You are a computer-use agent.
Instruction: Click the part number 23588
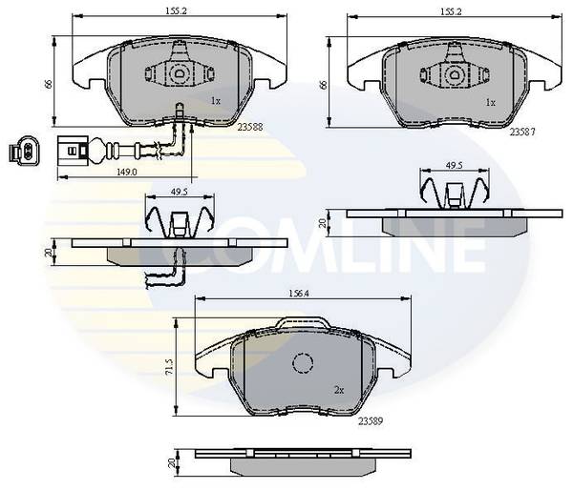pyautogui.click(x=250, y=127)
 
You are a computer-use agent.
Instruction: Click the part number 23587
pyautogui.click(x=522, y=133)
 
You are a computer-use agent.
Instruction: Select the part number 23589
pyautogui.click(x=371, y=421)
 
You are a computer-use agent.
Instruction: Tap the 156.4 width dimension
pyautogui.click(x=299, y=293)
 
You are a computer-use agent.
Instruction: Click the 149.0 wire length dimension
pyautogui.click(x=126, y=172)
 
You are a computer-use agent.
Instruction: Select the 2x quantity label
pyautogui.click(x=339, y=391)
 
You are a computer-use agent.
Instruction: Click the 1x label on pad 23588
pyautogui.click(x=216, y=101)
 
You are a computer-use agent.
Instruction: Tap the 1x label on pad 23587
pyautogui.click(x=491, y=103)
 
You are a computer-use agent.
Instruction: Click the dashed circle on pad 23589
pyautogui.click(x=303, y=363)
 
